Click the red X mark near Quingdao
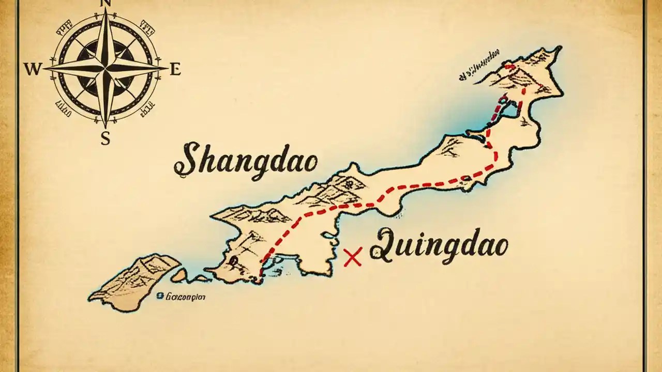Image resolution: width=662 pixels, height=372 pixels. click(352, 257)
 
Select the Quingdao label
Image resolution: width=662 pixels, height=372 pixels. click(439, 245)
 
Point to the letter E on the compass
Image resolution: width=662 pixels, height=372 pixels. click(175, 69)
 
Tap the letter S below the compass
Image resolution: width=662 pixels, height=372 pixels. click(106, 138)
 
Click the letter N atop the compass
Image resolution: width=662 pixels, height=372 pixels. click(106, 3)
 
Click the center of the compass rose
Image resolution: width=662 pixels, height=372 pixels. click(106, 68)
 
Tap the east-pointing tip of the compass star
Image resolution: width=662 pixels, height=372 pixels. click(167, 68)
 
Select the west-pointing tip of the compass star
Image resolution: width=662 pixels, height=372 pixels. click(43, 68)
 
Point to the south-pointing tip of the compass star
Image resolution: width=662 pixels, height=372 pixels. click(106, 127)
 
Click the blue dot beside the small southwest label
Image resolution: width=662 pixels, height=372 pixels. click(160, 296)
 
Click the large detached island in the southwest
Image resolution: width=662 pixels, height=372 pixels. click(137, 282)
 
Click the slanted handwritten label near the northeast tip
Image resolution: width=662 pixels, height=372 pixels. click(479, 66)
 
